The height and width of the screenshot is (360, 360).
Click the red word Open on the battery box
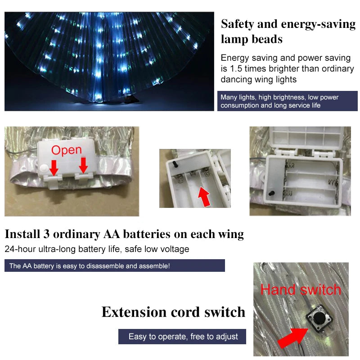[x=66, y=150]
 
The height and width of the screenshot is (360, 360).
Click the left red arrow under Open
[x=54, y=167]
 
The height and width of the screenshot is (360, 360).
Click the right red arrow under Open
[x=83, y=165]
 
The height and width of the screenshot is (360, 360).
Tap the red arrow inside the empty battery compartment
[x=205, y=197]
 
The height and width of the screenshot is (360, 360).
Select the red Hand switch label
[x=301, y=289]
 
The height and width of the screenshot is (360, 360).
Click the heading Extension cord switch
[x=173, y=312]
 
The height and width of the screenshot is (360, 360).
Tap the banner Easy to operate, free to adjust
[x=183, y=337]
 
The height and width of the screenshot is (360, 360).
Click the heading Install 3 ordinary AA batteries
[x=124, y=234]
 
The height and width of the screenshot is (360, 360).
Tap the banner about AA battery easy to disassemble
[x=114, y=265]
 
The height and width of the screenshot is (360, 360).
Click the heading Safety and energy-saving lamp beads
[x=288, y=31]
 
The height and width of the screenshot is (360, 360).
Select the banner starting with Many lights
[x=287, y=101]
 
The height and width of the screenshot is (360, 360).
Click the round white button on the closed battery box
[x=45, y=167]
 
